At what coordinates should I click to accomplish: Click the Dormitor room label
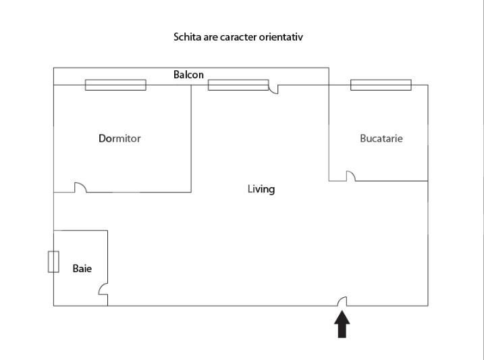click(119, 138)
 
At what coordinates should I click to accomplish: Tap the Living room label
click(261, 189)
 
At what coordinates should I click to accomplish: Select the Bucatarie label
click(381, 138)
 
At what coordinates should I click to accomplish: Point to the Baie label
click(82, 269)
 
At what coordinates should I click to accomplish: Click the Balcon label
click(188, 75)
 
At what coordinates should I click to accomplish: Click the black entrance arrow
click(342, 324)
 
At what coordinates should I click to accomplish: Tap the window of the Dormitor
click(115, 85)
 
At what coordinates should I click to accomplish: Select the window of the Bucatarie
click(381, 85)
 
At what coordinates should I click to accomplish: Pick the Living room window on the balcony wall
click(238, 85)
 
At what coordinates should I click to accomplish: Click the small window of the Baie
click(53, 261)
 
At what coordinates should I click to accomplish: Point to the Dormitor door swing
click(80, 188)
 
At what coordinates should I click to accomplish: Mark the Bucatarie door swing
click(351, 176)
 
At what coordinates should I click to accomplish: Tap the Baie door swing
click(103, 289)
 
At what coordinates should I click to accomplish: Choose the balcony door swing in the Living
click(273, 88)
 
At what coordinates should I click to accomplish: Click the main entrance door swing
click(342, 301)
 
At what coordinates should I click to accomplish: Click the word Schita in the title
click(186, 37)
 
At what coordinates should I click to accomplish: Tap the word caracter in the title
click(238, 37)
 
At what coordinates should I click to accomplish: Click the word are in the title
click(211, 37)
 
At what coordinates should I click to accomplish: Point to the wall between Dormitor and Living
click(191, 138)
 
